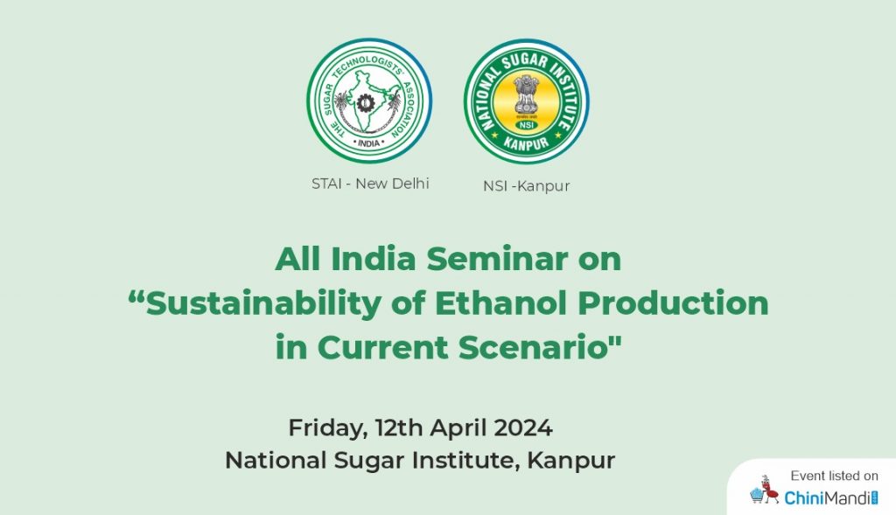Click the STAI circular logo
click(x=369, y=101)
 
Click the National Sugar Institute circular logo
click(x=526, y=101)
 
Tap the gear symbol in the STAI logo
click(x=364, y=103)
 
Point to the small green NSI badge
click(x=526, y=124)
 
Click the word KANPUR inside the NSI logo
click(x=526, y=143)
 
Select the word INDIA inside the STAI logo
click(x=368, y=143)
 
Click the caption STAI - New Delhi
click(x=370, y=184)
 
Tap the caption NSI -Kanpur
click(x=526, y=186)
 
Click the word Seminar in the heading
click(x=497, y=259)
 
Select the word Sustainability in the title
click(x=262, y=303)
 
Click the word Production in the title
click(x=673, y=303)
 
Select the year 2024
click(x=523, y=428)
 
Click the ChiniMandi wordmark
click(x=831, y=498)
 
